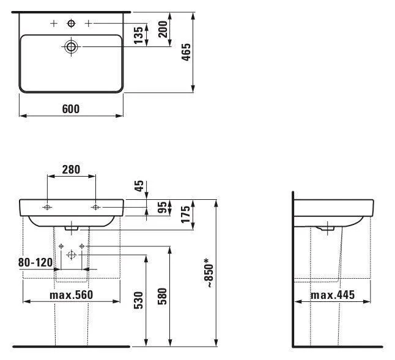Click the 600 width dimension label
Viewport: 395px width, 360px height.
tap(71, 109)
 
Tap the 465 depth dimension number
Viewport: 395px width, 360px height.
tap(186, 52)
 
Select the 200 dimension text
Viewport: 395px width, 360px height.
tap(163, 29)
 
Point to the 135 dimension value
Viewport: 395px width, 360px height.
tap(138, 35)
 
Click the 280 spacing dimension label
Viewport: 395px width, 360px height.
tap(71, 169)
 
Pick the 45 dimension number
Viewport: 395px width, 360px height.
tap(139, 186)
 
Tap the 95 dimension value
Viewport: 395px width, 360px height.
tap(163, 207)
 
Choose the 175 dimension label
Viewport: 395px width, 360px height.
tap(186, 215)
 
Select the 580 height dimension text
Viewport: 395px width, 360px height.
tap(163, 296)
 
